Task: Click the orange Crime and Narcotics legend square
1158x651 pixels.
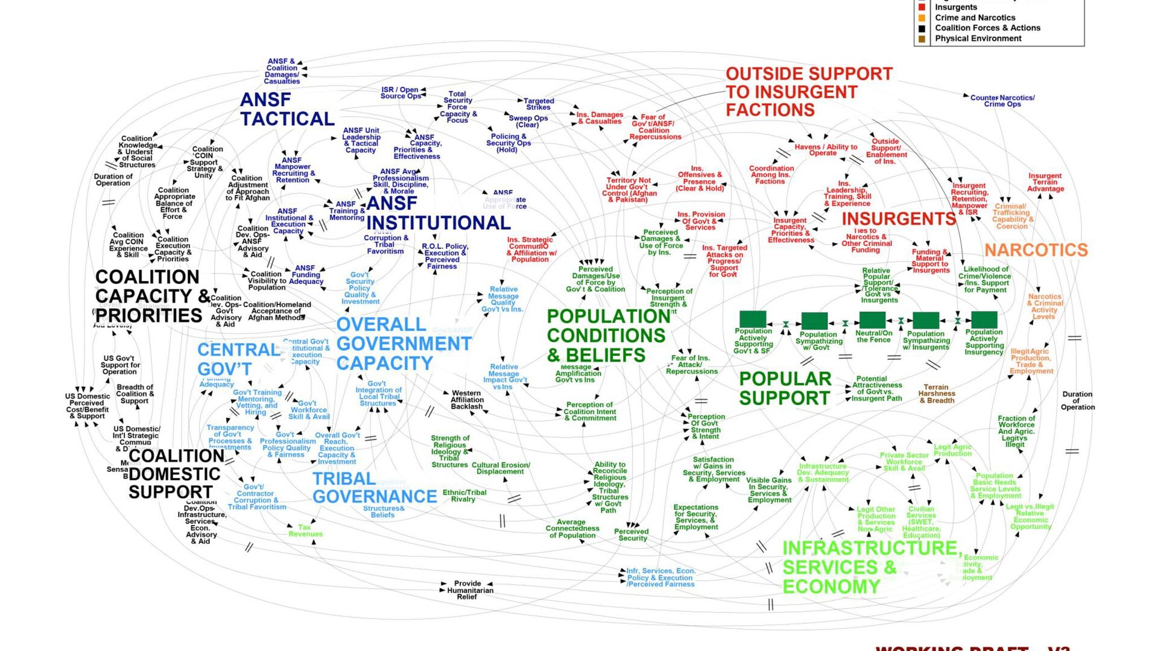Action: pos(922,18)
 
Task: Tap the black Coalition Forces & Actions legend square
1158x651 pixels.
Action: pos(922,28)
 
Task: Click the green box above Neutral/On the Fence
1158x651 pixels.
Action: pos(872,320)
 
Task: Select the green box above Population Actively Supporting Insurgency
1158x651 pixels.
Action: pos(984,319)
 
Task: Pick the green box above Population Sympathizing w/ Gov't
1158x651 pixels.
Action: pos(814,321)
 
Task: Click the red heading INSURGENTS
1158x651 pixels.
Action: pos(899,219)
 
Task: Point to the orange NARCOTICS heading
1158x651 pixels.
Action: pos(1036,250)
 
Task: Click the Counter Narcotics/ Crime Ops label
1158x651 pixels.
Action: pos(1002,101)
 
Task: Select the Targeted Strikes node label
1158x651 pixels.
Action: pos(539,104)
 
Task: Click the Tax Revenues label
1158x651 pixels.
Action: pos(305,530)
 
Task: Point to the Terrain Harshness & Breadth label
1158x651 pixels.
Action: pos(936,394)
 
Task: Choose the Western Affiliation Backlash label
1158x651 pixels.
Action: pos(467,400)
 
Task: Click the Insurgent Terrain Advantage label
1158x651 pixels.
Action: pos(1045,182)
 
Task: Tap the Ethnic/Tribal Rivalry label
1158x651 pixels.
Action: pos(464,495)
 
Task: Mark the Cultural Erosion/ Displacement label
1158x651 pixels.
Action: pos(501,468)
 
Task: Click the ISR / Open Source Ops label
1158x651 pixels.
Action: pos(400,93)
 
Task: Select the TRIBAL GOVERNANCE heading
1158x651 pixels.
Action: pos(374,488)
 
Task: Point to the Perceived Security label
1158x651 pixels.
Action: pos(631,535)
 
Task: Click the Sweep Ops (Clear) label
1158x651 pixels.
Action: pos(528,121)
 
